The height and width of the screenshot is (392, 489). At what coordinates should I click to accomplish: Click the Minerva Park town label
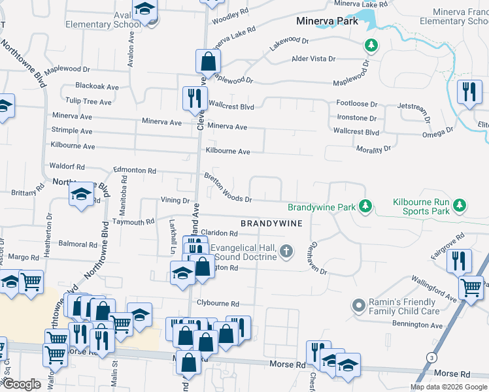[x=327, y=21]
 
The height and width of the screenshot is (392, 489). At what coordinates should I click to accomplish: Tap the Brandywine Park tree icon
[x=365, y=207]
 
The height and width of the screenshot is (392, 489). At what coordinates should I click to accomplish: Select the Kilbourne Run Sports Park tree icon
[x=460, y=206]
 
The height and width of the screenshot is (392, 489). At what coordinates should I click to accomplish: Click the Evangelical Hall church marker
[x=286, y=251]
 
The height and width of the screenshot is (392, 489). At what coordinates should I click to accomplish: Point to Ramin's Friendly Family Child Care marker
[x=358, y=305]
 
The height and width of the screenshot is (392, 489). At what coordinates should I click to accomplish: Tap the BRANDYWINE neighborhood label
[x=271, y=223]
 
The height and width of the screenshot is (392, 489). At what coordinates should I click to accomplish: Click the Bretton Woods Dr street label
[x=228, y=188]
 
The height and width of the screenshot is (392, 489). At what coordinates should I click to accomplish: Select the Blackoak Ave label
[x=97, y=86]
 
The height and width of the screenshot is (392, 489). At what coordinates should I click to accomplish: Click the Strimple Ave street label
[x=72, y=131]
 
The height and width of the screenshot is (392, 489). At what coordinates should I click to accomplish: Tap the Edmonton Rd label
[x=135, y=171]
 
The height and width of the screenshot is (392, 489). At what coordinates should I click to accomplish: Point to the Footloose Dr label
[x=357, y=104]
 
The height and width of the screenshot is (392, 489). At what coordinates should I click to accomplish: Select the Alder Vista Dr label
[x=313, y=59]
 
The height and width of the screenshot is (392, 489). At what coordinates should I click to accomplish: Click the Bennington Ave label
[x=418, y=325]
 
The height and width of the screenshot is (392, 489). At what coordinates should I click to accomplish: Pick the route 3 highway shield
[x=431, y=357]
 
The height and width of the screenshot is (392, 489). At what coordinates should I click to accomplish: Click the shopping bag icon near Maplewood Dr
[x=207, y=62]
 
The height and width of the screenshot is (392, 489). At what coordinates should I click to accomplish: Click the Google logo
[x=21, y=384]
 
